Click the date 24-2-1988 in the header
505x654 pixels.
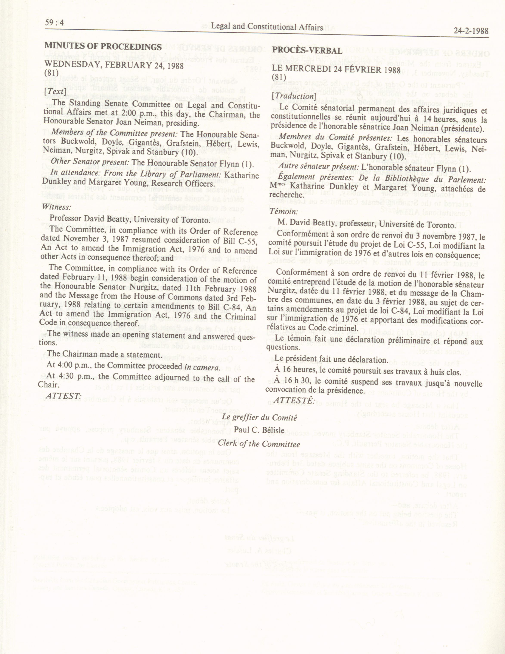(x=471, y=31)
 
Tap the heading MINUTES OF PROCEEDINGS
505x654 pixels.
(x=103, y=47)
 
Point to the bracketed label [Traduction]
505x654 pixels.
(x=294, y=96)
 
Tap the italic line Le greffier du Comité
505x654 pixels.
(x=259, y=417)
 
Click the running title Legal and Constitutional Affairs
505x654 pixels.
(x=267, y=27)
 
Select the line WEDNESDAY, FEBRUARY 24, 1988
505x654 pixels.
(x=114, y=65)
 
